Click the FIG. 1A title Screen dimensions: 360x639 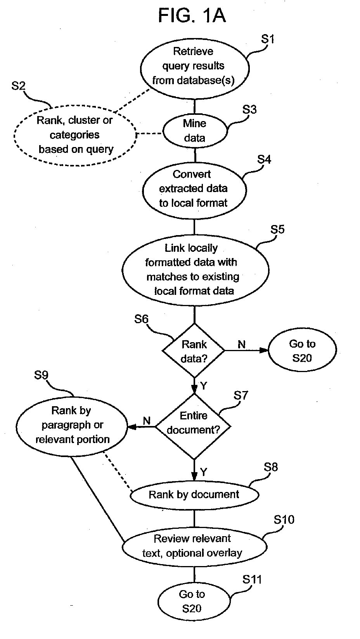192,16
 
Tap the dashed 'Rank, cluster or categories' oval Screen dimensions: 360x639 75,135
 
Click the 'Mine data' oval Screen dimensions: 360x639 195,131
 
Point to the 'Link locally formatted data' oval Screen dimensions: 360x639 196,270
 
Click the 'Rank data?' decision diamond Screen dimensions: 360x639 194,351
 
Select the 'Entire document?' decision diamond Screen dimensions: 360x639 194,426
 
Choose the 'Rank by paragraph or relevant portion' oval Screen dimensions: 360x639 72,426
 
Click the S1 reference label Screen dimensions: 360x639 268,39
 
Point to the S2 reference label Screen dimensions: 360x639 18,86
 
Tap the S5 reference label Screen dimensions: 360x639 277,229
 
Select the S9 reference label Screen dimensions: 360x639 41,375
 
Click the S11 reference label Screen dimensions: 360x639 252,579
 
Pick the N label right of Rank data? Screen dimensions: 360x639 242,345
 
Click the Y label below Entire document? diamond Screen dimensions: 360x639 203,472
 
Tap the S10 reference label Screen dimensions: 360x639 284,520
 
